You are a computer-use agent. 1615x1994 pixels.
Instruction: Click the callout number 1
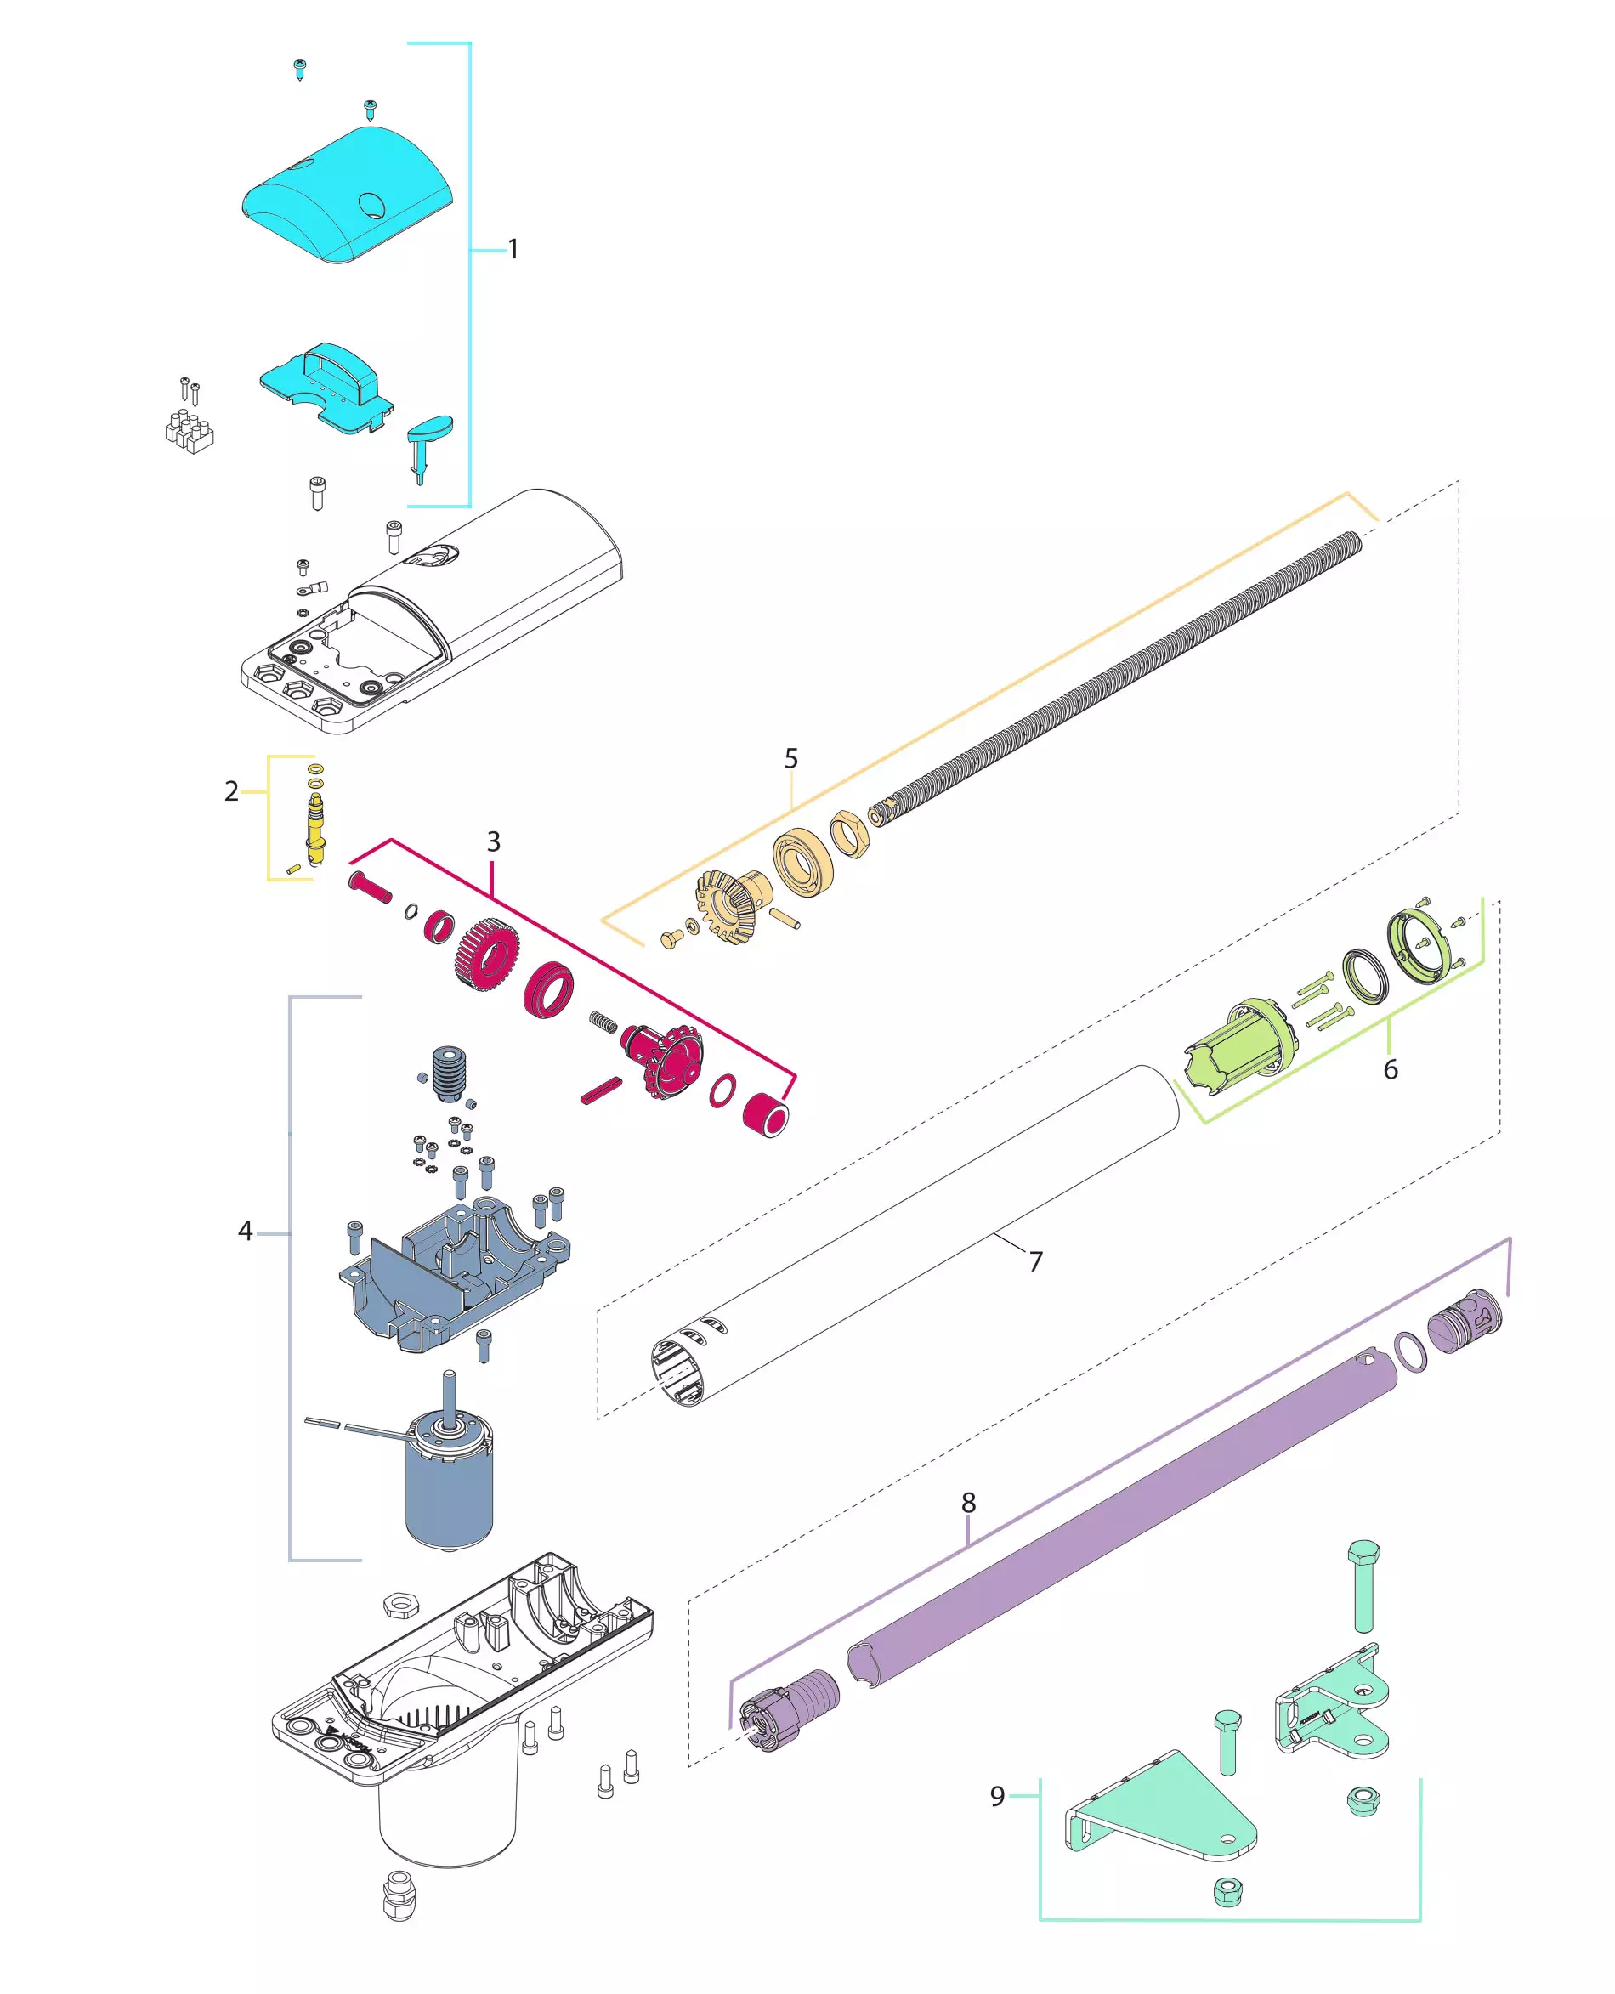click(x=513, y=249)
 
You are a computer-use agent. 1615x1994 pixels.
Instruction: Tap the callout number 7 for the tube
click(x=1035, y=1261)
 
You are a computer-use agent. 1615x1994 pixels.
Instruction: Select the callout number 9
click(x=997, y=1796)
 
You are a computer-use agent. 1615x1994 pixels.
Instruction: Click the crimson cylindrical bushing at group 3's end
click(x=766, y=1113)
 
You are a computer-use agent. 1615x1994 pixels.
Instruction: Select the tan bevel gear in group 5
click(x=728, y=903)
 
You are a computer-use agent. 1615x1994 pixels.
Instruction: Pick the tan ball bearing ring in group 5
click(x=803, y=862)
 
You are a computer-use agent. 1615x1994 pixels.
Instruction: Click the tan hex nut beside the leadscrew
click(x=849, y=835)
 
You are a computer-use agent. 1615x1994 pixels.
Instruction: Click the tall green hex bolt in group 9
click(x=1363, y=1587)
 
